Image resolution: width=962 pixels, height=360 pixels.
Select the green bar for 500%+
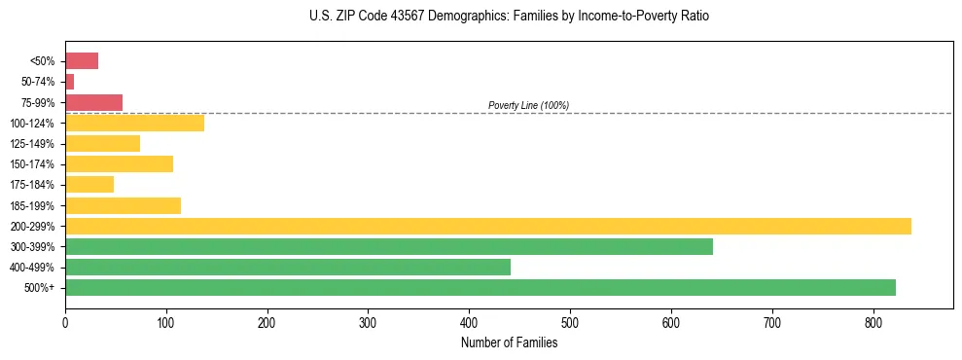click(x=481, y=287)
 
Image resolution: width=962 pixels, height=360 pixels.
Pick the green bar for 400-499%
click(x=288, y=267)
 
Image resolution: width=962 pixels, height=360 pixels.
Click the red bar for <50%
click(x=82, y=61)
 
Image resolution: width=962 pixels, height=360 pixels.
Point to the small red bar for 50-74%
click(x=69, y=82)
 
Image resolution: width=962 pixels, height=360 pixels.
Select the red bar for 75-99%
click(x=93, y=102)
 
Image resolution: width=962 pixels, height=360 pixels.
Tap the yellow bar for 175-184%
click(x=89, y=184)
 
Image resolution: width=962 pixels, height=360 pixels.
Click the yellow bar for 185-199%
click(x=123, y=205)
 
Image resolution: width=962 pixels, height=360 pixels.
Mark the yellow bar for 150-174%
click(x=119, y=163)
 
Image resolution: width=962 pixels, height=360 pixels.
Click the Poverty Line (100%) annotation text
click(x=528, y=105)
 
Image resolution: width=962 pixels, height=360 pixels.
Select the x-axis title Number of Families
click(x=509, y=342)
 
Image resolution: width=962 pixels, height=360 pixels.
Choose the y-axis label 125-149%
click(x=34, y=144)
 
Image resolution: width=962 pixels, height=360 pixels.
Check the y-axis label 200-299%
click(x=34, y=226)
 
